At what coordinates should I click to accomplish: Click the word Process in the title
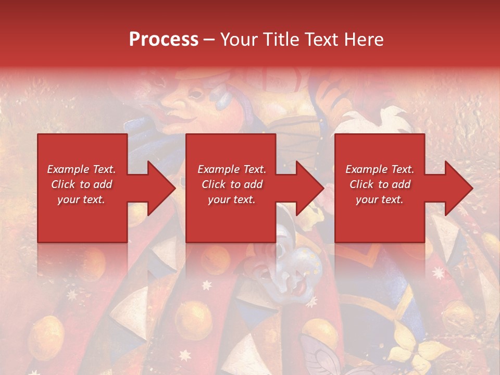coord(164,40)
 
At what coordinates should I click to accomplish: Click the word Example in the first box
coord(67,169)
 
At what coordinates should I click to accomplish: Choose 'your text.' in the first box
coord(81,199)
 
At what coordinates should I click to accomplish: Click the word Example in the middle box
coord(217,169)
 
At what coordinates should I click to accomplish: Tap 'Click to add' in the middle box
coord(232,184)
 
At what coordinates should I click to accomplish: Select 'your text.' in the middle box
coord(232,199)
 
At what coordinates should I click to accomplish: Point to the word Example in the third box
coord(365,169)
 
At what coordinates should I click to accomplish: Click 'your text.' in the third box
coord(380,199)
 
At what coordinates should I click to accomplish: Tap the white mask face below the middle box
coord(294,266)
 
